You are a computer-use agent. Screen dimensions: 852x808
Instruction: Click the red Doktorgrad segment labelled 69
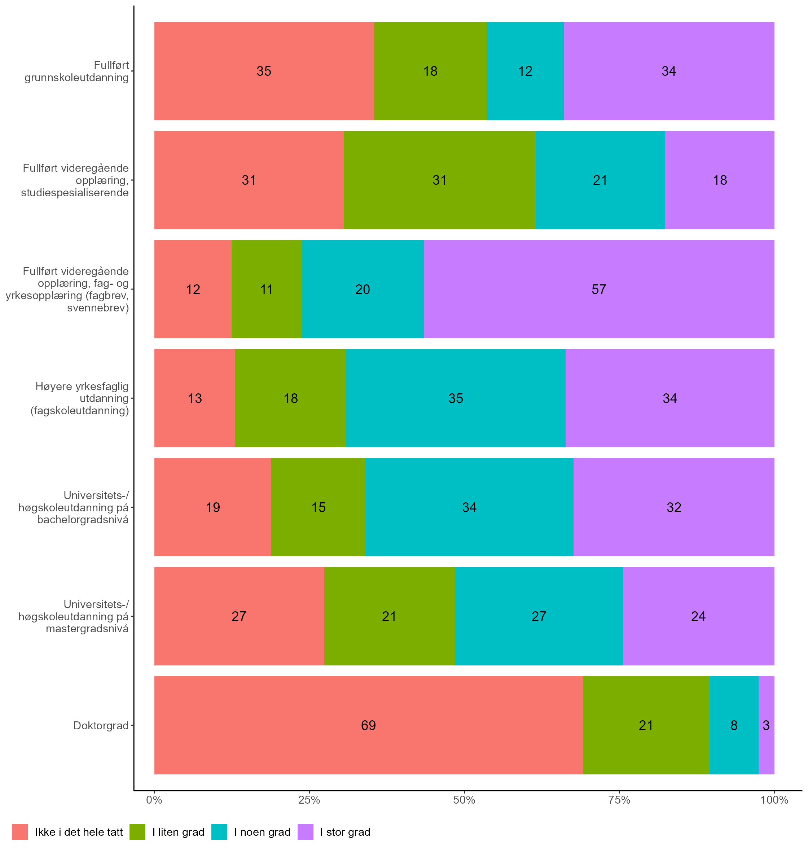pos(368,725)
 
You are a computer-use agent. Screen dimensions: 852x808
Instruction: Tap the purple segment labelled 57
pos(599,289)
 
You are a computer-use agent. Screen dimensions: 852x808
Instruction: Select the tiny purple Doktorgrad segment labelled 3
pos(766,725)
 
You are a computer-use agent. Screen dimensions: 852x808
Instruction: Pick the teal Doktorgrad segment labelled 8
pos(734,725)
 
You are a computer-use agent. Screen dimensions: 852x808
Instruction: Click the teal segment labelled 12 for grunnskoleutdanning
pos(525,71)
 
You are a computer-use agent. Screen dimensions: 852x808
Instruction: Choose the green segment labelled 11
pos(267,289)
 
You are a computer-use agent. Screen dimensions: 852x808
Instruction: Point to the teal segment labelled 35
pos(456,398)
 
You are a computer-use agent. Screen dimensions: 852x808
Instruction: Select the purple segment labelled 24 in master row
pos(698,616)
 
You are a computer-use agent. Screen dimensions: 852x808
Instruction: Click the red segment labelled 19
pos(213,507)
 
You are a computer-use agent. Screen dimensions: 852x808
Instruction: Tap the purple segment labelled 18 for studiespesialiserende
pos(720,180)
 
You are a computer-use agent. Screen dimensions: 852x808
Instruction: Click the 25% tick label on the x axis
pos(309,800)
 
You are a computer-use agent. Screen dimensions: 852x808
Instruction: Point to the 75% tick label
pos(619,800)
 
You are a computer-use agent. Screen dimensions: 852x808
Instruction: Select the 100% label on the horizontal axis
pos(774,800)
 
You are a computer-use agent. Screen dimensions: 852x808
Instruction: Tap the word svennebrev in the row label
pos(98,308)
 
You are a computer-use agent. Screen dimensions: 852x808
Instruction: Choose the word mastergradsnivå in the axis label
pos(87,628)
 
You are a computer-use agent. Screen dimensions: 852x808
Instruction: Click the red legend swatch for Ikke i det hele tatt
pos(20,832)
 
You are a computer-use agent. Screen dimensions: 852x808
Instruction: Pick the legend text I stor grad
pos(345,832)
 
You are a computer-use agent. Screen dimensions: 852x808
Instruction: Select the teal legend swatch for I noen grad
pos(219,832)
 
